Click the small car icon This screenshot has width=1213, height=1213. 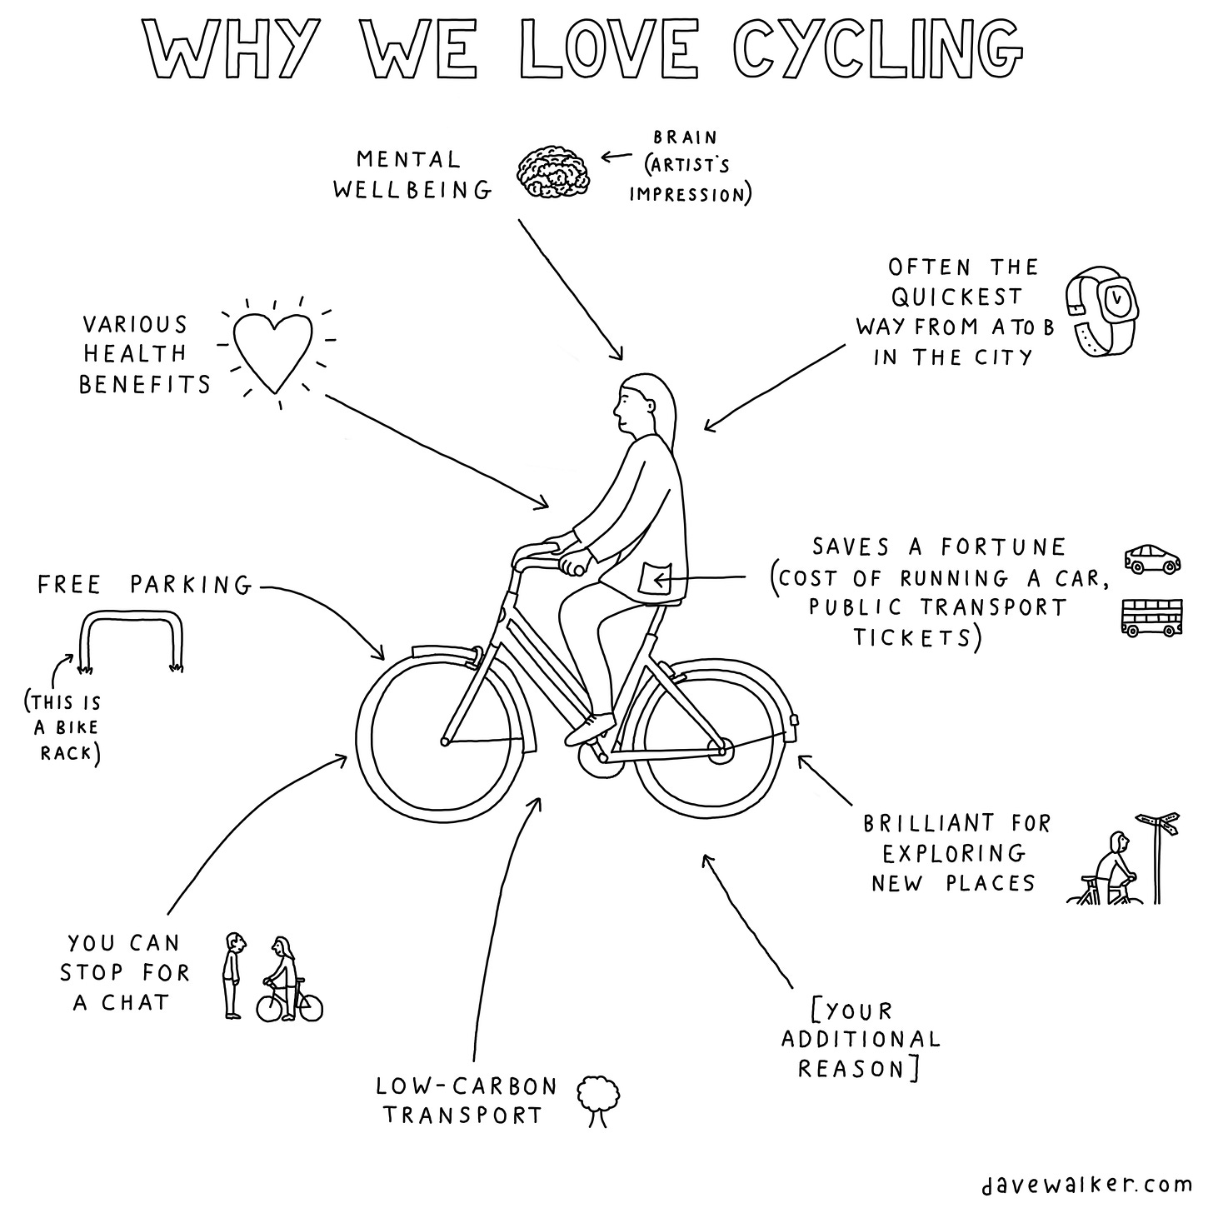[1152, 559]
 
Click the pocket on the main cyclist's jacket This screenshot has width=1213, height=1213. [655, 578]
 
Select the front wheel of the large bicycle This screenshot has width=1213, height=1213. [442, 740]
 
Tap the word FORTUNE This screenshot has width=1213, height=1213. [1003, 547]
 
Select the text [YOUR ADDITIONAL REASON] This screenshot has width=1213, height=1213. [861, 1039]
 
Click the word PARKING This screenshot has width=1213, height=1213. [190, 585]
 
